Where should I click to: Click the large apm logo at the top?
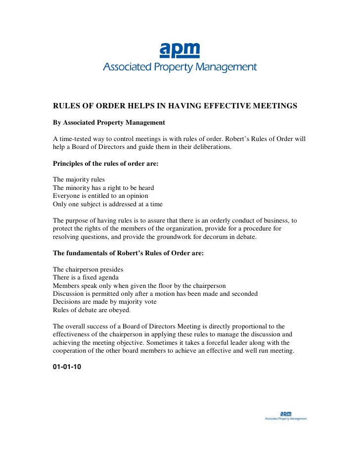[x=180, y=50]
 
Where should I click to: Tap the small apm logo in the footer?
[x=286, y=413]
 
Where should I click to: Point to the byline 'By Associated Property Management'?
[x=109, y=122]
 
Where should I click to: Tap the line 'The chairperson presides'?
[x=88, y=270]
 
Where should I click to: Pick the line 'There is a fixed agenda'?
[x=86, y=278]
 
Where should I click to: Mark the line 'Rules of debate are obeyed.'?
[x=92, y=310]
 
